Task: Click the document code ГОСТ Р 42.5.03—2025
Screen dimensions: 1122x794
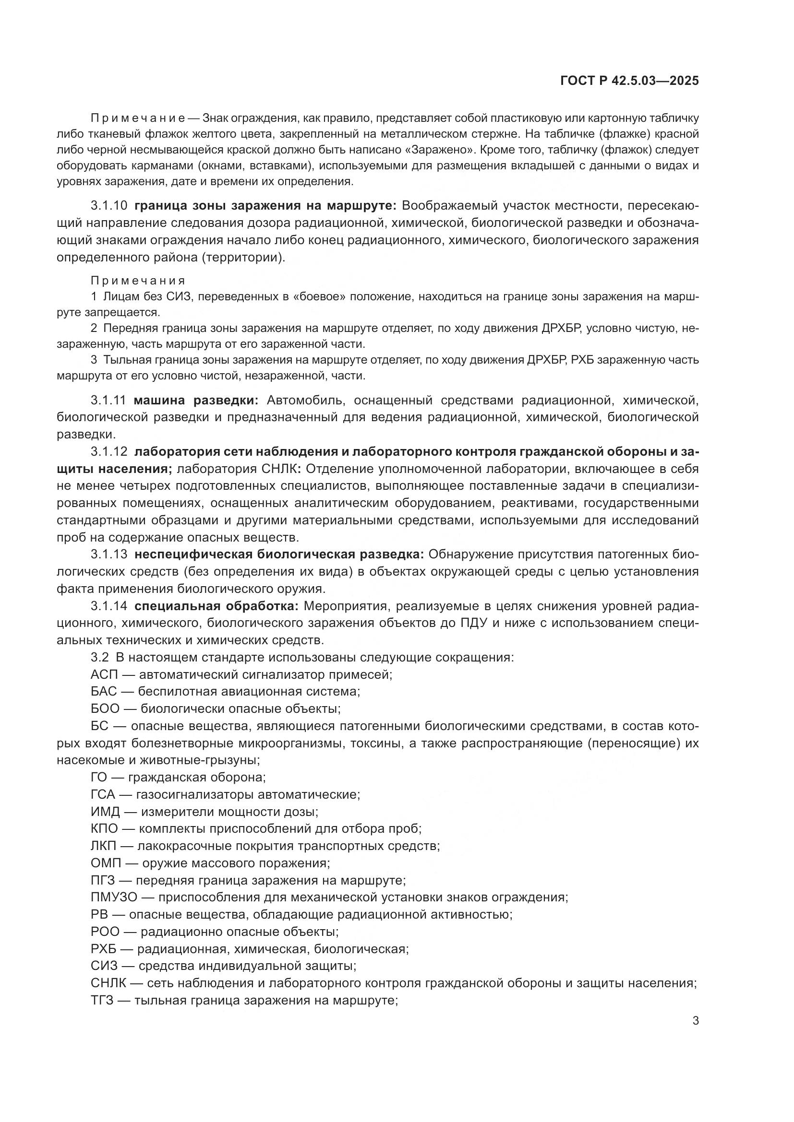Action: click(x=629, y=81)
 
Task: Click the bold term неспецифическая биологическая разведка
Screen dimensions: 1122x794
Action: click(x=279, y=554)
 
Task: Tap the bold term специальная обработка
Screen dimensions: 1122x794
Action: click(x=216, y=606)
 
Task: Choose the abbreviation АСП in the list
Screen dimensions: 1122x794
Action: click(x=104, y=675)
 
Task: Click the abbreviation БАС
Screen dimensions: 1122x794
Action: click(x=104, y=692)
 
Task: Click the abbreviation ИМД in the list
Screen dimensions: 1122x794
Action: click(x=105, y=812)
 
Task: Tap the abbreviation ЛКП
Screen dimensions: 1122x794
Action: click(x=104, y=846)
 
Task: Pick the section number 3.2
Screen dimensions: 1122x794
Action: click(x=100, y=658)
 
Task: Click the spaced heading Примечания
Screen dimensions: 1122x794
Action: click(x=138, y=281)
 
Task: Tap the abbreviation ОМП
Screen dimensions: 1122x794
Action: click(x=105, y=863)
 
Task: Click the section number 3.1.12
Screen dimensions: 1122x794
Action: click(x=108, y=452)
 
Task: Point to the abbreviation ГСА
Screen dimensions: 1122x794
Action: click(x=103, y=794)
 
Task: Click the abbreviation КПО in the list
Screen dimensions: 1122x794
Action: click(x=104, y=829)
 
